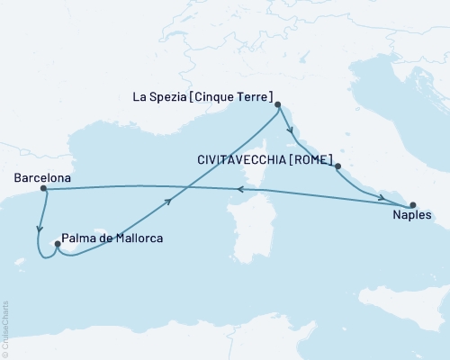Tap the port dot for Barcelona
point(43,189)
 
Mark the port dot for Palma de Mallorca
point(58,242)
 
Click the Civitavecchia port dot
point(337,166)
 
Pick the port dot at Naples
point(412,204)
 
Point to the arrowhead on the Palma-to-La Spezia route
point(169,202)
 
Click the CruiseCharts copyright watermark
point(6,328)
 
